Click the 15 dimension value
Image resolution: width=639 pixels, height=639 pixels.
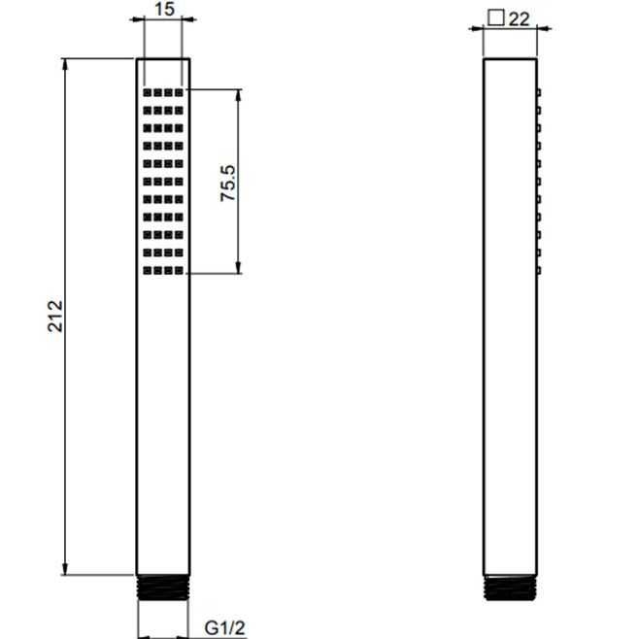(x=165, y=10)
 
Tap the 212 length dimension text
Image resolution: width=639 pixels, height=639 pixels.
(x=55, y=317)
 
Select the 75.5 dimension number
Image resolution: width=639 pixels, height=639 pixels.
(x=228, y=183)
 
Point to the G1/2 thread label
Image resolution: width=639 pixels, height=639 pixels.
(x=225, y=628)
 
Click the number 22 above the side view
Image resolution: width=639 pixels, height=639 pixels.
(x=520, y=19)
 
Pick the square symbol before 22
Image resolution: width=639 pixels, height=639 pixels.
(x=496, y=17)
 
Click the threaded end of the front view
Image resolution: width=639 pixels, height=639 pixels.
(x=163, y=588)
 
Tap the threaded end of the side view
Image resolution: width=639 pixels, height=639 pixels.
(x=510, y=588)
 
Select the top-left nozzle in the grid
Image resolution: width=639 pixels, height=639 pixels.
(x=147, y=93)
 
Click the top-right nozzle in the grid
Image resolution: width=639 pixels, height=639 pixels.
(x=179, y=93)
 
